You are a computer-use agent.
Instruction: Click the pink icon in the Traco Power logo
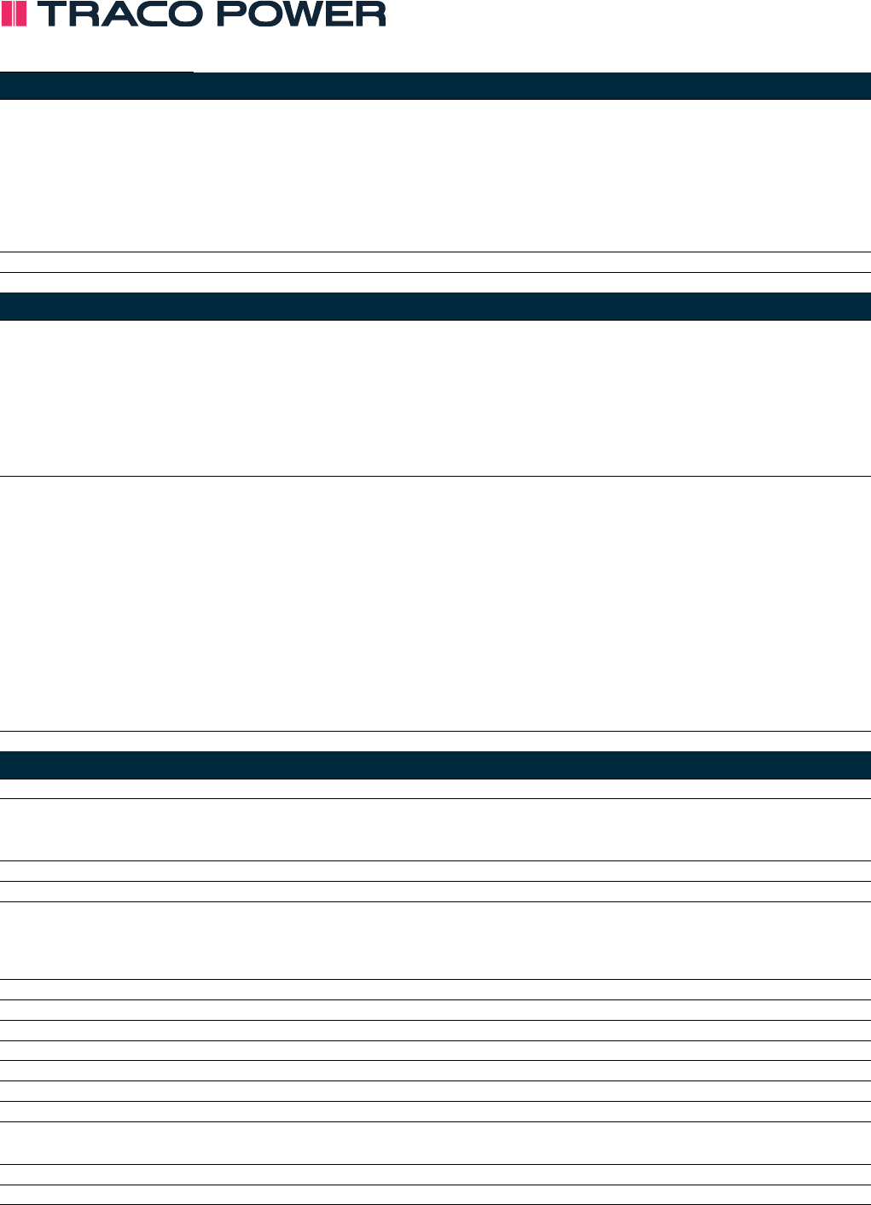14,14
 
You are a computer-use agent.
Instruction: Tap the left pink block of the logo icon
7,14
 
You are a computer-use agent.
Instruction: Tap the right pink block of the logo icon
20,14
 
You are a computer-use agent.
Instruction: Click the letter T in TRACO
51,14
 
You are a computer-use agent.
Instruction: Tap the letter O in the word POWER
264,14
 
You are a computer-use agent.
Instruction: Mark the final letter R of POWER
371,14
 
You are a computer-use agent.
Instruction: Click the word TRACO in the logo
120,14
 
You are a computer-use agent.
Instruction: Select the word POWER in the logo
302,14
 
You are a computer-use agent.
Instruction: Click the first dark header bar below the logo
435,86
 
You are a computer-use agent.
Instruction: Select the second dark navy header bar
435,307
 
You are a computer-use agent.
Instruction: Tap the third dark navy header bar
435,766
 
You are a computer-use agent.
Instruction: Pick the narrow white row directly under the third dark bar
435,789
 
